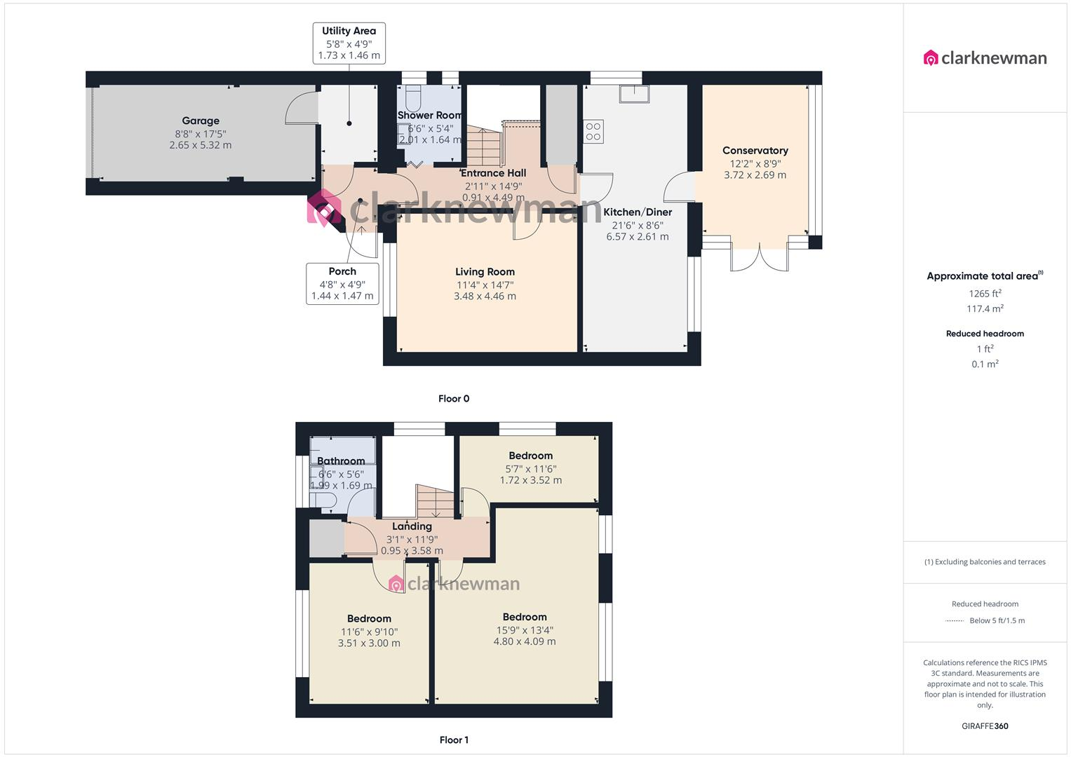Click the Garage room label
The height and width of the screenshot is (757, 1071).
(x=201, y=121)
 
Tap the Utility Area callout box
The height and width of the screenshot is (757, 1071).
(x=349, y=43)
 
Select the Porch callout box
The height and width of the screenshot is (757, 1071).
(x=342, y=283)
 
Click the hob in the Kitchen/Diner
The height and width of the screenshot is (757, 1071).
(x=593, y=132)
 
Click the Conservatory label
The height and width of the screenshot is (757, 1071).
(x=755, y=151)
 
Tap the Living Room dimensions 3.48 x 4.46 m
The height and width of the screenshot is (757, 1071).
(x=485, y=296)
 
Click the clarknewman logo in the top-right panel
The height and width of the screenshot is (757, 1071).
(x=985, y=58)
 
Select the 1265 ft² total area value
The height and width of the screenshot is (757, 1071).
(x=985, y=294)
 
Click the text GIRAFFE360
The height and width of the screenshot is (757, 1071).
(x=985, y=726)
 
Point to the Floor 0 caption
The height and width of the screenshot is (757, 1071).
(x=454, y=399)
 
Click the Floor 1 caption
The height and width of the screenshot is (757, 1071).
(x=454, y=740)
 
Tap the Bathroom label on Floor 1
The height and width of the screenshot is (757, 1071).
(x=341, y=461)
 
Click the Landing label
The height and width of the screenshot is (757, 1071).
(x=412, y=526)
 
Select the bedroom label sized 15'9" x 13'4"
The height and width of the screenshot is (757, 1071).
(x=525, y=618)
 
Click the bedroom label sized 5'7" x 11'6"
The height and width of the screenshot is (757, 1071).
(x=530, y=456)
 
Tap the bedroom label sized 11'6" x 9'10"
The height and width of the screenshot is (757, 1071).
(x=369, y=619)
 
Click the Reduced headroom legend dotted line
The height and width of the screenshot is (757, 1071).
(x=955, y=621)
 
